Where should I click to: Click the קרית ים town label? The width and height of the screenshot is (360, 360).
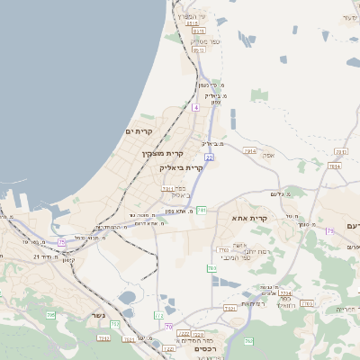point(139,131)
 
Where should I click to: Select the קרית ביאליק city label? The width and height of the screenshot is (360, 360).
point(182,167)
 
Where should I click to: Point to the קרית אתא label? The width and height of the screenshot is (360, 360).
point(250,219)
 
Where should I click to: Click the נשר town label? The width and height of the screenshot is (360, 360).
point(97,315)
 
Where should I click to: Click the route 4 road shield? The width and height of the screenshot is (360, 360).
point(195,107)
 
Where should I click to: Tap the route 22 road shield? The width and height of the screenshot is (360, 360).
point(209,157)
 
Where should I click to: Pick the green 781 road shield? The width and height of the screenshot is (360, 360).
point(202,210)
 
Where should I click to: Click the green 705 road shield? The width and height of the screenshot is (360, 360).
point(50,314)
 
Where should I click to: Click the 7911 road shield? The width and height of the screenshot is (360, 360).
point(168,189)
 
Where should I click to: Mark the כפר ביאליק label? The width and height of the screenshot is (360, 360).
point(181,192)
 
